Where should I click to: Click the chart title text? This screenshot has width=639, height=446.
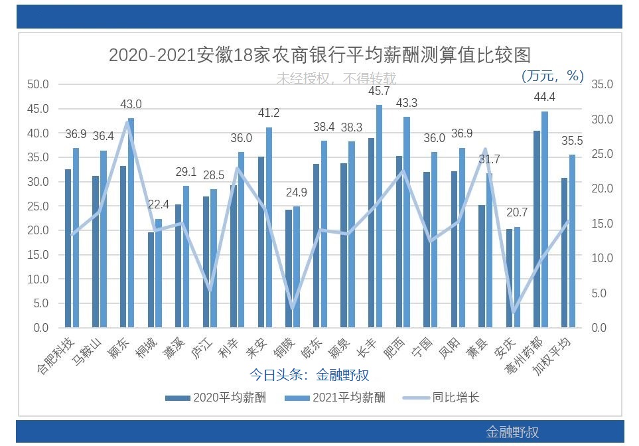(x=319, y=54)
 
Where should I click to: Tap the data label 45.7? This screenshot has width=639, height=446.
(x=379, y=91)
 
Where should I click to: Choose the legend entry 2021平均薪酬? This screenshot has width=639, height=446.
(x=334, y=398)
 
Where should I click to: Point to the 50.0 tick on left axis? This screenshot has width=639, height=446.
(x=38, y=84)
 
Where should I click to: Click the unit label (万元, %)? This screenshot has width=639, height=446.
(x=553, y=76)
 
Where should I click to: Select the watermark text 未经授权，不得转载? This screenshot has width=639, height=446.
(x=336, y=78)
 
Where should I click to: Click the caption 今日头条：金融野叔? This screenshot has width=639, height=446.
(x=309, y=374)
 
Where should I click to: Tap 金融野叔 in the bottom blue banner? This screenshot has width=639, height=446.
(x=512, y=432)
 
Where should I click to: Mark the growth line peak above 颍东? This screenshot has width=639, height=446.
(x=127, y=122)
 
